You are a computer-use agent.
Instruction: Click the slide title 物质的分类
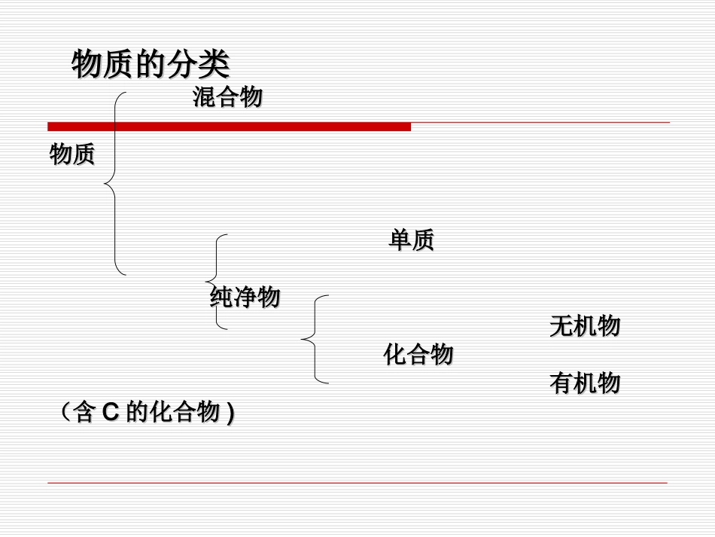[x=151, y=65]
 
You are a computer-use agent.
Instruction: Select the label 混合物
[x=227, y=97]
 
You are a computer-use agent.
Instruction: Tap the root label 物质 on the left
[x=72, y=155]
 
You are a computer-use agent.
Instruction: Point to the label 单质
[x=411, y=240]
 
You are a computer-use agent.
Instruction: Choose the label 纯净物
[x=245, y=297]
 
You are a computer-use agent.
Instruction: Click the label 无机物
[x=585, y=326]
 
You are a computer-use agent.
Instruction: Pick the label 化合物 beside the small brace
[x=418, y=354]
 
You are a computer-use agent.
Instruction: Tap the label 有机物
[x=585, y=383]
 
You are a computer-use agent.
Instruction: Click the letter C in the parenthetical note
[x=111, y=413]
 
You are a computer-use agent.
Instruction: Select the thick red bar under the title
[x=230, y=127]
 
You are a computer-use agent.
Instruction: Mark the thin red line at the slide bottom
[x=357, y=483]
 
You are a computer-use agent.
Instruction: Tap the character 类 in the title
[x=214, y=65]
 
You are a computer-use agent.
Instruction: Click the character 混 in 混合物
[x=205, y=97]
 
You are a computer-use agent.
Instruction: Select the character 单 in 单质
[x=400, y=240]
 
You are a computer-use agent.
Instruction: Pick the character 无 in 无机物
[x=561, y=326]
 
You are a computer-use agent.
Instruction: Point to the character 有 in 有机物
[x=561, y=383]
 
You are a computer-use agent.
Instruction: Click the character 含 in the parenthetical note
[x=83, y=413]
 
